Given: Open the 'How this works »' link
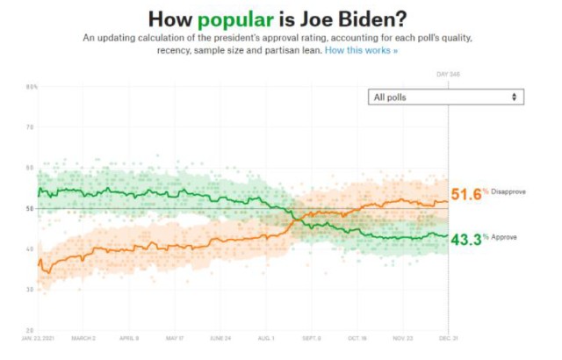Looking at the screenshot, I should pos(361,51).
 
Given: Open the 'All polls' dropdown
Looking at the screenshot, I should pos(445,97).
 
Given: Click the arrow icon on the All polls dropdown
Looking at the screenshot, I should pos(515,97).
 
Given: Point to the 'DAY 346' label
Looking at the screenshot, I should pos(449,75).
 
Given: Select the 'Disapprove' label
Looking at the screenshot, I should pos(508,192).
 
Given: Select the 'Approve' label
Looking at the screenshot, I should pos(503,237).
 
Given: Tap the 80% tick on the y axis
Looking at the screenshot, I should pos(32,87).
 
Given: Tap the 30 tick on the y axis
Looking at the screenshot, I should pos(31,289).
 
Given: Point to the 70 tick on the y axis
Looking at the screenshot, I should pos(31,127).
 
